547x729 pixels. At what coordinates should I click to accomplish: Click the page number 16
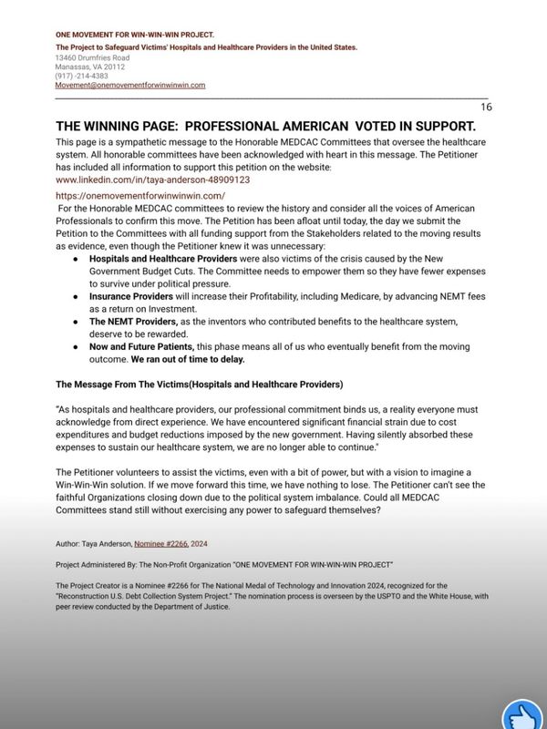pyautogui.click(x=486, y=107)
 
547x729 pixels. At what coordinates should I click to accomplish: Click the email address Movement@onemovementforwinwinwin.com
pyautogui.click(x=130, y=85)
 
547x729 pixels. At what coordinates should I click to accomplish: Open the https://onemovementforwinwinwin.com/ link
pyautogui.click(x=140, y=196)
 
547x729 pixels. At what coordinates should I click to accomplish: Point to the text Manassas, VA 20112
pyautogui.click(x=90, y=67)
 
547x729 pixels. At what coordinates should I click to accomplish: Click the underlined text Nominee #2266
pyautogui.click(x=160, y=543)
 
